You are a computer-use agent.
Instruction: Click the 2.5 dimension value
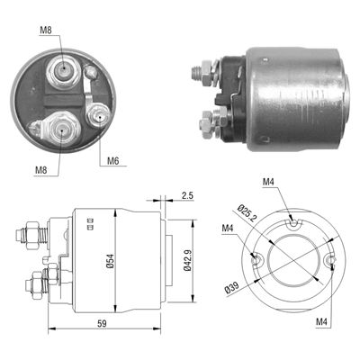pyautogui.click(x=187, y=195)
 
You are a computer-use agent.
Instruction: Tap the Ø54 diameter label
pyautogui.click(x=110, y=261)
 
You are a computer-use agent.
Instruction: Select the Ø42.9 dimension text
pyautogui.click(x=187, y=261)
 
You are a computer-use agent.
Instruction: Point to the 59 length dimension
pyautogui.click(x=103, y=324)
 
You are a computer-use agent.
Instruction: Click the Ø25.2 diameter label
pyautogui.click(x=247, y=212)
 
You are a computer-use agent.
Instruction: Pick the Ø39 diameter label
pyautogui.click(x=232, y=288)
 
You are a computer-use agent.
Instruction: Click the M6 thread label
pyautogui.click(x=113, y=161)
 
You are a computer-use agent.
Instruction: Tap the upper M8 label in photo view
pyautogui.click(x=46, y=30)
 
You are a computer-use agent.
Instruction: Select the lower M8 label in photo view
pyautogui.click(x=41, y=170)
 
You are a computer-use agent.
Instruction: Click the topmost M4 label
pyautogui.click(x=269, y=182)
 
